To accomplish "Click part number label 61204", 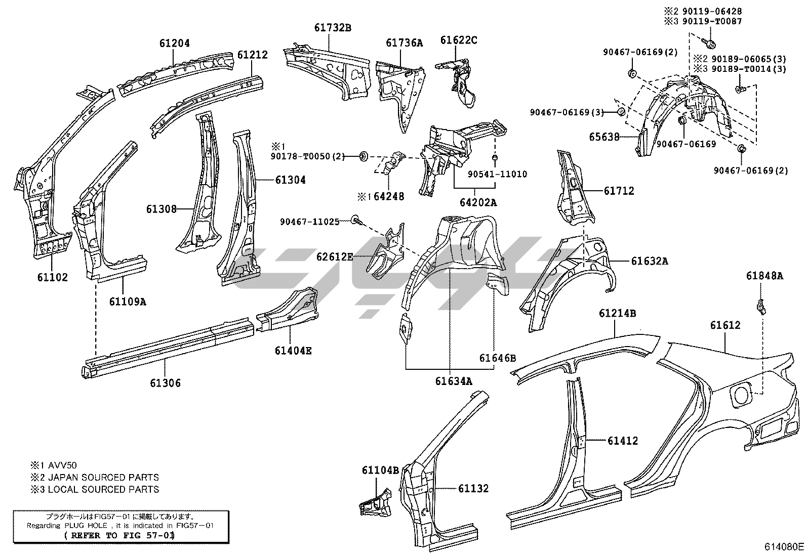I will pyautogui.click(x=174, y=44).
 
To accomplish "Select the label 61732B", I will pyautogui.click(x=332, y=28).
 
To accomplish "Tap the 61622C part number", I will pyautogui.click(x=458, y=40).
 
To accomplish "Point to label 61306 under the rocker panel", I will pyautogui.click(x=165, y=383).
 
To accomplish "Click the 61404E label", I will pyautogui.click(x=293, y=350).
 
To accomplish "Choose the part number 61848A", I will pyautogui.click(x=764, y=276).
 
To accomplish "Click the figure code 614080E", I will pyautogui.click(x=784, y=546).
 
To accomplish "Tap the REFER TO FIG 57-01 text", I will pyautogui.click(x=120, y=535).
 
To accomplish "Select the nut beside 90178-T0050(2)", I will pyautogui.click(x=364, y=156).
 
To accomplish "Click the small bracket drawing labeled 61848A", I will pyautogui.click(x=760, y=306).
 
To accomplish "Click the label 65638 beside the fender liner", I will pyautogui.click(x=604, y=137).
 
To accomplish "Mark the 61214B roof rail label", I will pyautogui.click(x=617, y=313).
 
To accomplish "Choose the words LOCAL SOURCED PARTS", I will pyautogui.click(x=103, y=489).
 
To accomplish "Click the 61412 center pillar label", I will pyautogui.click(x=622, y=441).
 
